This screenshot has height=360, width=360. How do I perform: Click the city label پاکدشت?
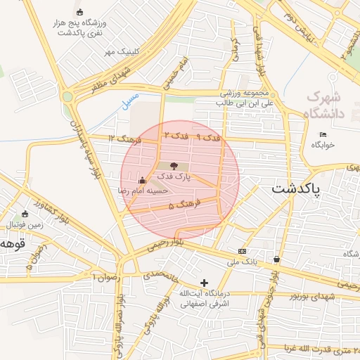click(x=295, y=188)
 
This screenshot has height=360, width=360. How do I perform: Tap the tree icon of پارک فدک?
click(x=174, y=165)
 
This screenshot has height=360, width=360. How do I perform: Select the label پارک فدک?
click(x=174, y=176)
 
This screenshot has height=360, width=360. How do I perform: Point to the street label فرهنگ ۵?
click(x=185, y=205)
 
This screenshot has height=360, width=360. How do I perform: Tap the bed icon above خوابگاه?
click(x=323, y=134)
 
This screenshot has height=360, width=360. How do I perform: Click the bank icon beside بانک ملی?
click(x=243, y=251)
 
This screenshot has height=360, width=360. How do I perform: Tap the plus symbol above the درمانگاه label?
click(x=205, y=283)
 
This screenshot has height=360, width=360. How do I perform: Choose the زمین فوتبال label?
click(x=25, y=224)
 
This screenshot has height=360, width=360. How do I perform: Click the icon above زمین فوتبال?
click(x=25, y=214)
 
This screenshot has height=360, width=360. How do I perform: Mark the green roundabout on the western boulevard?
click(x=67, y=96)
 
